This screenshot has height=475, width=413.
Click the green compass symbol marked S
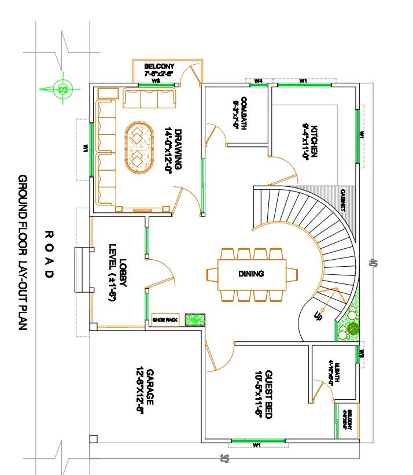pyautogui.click(x=63, y=88)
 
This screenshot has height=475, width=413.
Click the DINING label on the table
pyautogui.click(x=251, y=274)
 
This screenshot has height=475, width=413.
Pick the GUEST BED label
pyautogui.click(x=268, y=394)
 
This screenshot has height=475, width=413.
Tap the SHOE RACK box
pyautogui.click(x=165, y=320)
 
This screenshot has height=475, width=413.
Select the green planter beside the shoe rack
pyautogui.click(x=195, y=320)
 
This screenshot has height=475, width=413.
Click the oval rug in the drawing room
pyautogui.click(x=139, y=147)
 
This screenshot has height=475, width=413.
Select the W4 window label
pyautogui.click(x=258, y=81)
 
